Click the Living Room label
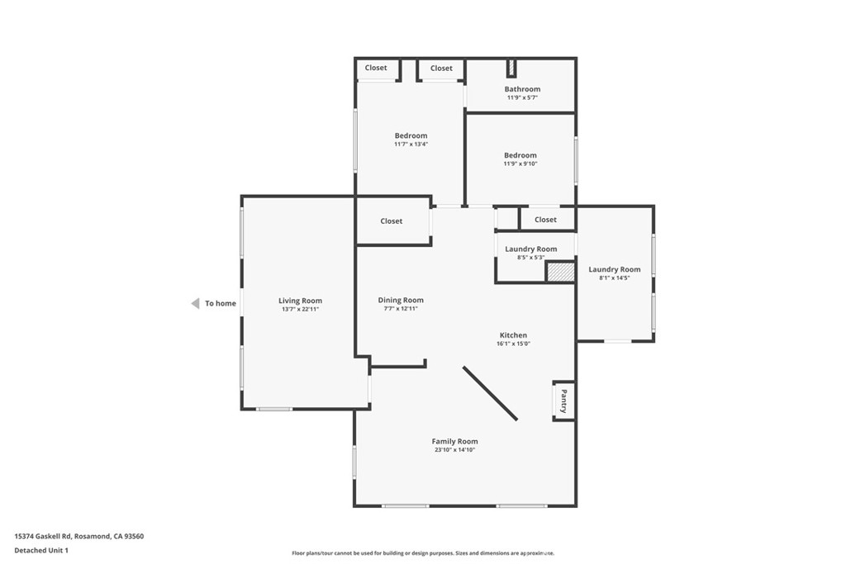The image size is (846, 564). pos(300,301)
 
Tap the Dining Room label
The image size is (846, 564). pos(401,300)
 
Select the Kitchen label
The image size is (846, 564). pos(513,335)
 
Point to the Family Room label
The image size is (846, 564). pos(454,441)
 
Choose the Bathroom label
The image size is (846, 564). pos(522,89)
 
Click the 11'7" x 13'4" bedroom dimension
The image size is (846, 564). pos(411,145)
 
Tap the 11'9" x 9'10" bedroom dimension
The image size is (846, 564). pos(520,164)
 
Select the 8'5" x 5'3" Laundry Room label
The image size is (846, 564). pos(530,258)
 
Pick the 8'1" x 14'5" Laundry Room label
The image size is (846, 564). pos(614,278)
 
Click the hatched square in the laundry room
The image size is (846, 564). pos(560,273)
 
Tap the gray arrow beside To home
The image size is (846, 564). pos(195,303)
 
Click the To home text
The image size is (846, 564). pos(221,303)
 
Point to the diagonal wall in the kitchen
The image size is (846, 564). pos(490,393)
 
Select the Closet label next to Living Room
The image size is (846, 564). pos(392,221)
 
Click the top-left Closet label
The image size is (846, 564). pos(376,68)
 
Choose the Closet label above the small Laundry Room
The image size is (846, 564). pos(545,220)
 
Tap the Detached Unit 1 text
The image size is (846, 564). pos(41,550)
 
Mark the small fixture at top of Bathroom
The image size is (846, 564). pos(511,68)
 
